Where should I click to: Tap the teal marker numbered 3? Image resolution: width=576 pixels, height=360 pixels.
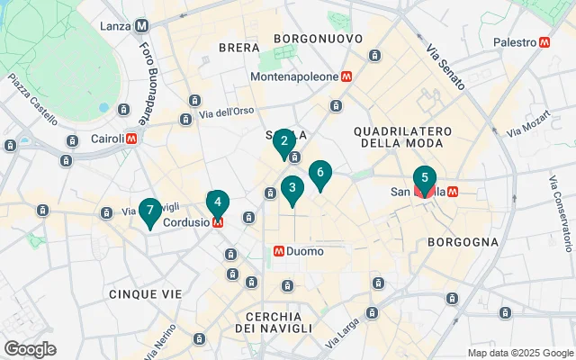291,189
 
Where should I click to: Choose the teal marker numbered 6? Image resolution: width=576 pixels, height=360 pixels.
319,174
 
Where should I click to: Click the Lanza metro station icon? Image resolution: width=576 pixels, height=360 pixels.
142,26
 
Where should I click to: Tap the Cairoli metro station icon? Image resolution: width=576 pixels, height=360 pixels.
132,139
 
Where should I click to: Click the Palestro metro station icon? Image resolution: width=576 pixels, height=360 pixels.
544,42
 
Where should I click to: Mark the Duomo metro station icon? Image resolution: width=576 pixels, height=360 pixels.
280,251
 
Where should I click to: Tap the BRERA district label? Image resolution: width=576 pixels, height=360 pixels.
238,47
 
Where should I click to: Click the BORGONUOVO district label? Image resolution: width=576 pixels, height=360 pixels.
318,39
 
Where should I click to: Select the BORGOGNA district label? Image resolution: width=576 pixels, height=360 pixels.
463,242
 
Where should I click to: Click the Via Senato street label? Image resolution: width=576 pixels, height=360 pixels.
445,69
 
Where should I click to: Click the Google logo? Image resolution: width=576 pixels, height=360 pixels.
30,348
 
